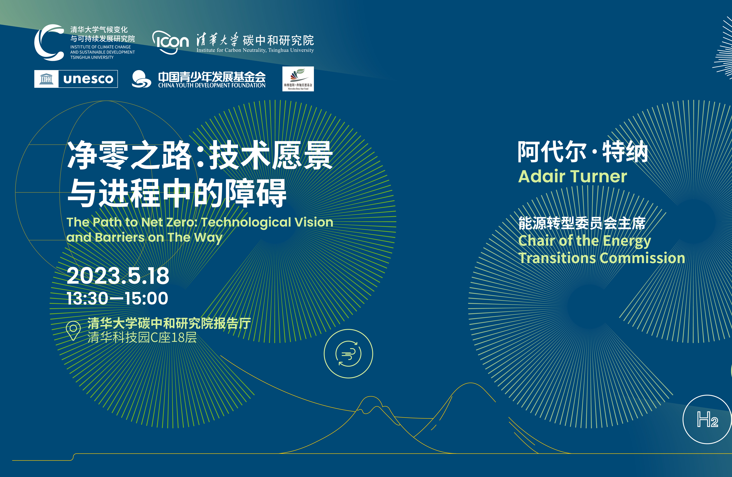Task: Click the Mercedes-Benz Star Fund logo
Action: [298, 79]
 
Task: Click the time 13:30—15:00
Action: [118, 298]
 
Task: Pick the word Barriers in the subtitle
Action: [120, 237]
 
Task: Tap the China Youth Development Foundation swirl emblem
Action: [141, 79]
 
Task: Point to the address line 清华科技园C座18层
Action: [142, 338]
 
